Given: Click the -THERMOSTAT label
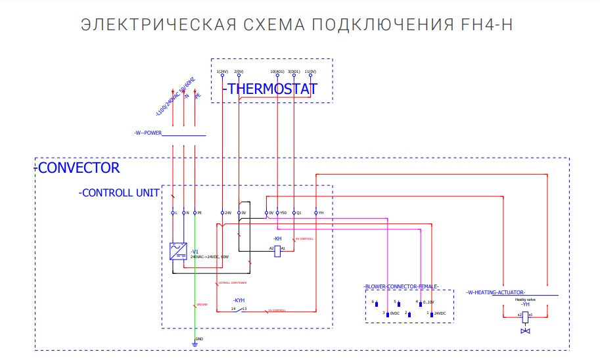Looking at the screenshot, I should point(271,89).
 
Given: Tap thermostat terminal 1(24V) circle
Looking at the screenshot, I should point(222,76).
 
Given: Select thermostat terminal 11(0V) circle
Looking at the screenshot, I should point(312,76).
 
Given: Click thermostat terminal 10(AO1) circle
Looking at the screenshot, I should point(277,76).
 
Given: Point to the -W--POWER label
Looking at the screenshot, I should point(148,133).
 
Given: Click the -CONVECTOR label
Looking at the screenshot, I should point(79,168).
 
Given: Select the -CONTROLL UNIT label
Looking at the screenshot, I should point(119,193).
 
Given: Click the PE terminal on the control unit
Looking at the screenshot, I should point(195,213).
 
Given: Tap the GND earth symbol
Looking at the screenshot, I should point(195,342).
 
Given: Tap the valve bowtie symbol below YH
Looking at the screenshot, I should point(525,330).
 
